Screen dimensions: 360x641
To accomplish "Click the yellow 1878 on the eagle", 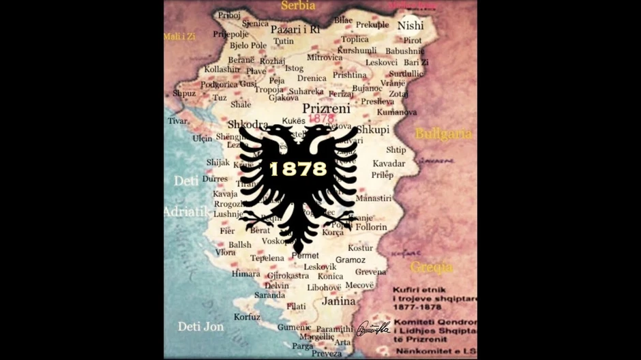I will click(x=298, y=168).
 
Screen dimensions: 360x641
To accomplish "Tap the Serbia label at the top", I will click(x=298, y=5).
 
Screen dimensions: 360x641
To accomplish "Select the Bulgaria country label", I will click(x=443, y=134).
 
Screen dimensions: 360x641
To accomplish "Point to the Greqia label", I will click(x=432, y=267).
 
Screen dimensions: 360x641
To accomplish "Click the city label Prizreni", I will click(x=326, y=108).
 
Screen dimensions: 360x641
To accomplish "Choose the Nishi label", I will click(x=411, y=25).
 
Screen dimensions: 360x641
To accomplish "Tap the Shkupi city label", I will click(x=372, y=130).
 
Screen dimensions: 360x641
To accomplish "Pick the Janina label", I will click(x=339, y=301).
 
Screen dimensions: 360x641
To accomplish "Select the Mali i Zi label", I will click(x=179, y=36).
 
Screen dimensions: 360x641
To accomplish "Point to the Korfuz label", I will click(x=247, y=316).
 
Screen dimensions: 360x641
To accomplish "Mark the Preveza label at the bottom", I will click(x=327, y=353).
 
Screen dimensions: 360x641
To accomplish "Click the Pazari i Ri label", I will click(x=295, y=29).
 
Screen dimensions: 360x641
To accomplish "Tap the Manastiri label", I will click(x=373, y=198).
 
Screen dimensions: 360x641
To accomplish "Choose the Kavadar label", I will click(x=389, y=164).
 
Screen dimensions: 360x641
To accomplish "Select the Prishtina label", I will click(x=349, y=75).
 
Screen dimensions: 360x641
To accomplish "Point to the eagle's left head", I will click(x=275, y=136).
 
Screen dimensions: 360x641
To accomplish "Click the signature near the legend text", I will click(x=372, y=329).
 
